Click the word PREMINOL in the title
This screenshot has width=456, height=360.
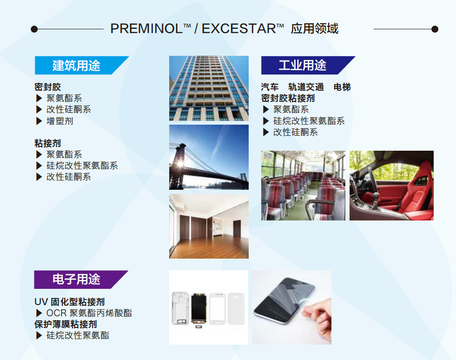point(146,28)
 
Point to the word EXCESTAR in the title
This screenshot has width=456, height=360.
point(239,28)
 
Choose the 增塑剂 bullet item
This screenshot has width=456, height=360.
point(59,121)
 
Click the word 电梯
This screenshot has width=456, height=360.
point(342,87)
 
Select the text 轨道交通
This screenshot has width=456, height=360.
point(306,87)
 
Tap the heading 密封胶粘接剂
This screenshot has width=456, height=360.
point(288,98)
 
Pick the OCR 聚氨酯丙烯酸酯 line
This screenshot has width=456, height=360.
point(89,313)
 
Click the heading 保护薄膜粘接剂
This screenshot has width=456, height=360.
point(66,324)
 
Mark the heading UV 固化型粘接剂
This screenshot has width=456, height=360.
point(70,301)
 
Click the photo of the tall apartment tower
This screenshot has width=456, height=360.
point(209,88)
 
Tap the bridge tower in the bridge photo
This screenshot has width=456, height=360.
point(178,166)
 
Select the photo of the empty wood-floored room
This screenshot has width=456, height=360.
point(209,227)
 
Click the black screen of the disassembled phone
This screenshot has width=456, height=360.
point(199,308)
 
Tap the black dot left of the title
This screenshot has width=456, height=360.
point(34,29)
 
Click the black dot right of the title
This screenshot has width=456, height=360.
point(435,29)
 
